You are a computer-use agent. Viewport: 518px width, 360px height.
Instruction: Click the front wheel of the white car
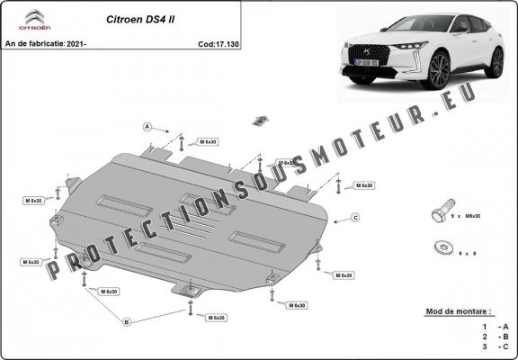pyautogui.click(x=439, y=69)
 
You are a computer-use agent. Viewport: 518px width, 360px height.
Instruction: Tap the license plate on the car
pyautogui.click(x=365, y=64)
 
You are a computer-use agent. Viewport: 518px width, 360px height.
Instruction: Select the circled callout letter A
pyautogui.click(x=147, y=126)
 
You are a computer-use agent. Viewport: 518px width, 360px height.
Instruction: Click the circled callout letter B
pyautogui.click(x=127, y=321)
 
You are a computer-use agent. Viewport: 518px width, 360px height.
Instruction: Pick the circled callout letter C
pyautogui.click(x=355, y=218)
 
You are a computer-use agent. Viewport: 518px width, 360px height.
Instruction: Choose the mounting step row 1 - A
pyautogui.click(x=496, y=325)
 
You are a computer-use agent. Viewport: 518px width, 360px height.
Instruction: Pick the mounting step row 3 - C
pyautogui.click(x=496, y=346)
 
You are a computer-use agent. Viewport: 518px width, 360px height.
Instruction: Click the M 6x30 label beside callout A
pyautogui.click(x=206, y=142)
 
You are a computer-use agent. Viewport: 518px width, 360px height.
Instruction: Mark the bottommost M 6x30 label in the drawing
pyautogui.click(x=215, y=318)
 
